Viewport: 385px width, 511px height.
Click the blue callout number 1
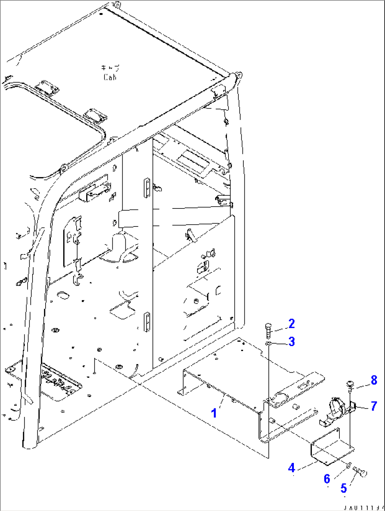[x=214, y=413]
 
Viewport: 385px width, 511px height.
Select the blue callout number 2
[x=291, y=323]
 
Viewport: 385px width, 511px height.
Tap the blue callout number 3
[x=291, y=341]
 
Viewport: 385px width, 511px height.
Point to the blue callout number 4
[x=291, y=468]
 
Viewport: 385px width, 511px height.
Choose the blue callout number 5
[x=344, y=488]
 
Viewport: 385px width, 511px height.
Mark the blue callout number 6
[x=327, y=479]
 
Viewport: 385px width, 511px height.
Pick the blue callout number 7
[x=374, y=406]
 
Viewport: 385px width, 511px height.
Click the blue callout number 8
[x=374, y=380]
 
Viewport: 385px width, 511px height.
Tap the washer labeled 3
[x=268, y=343]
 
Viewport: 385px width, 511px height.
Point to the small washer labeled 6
[x=348, y=465]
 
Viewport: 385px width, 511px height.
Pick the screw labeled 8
[x=350, y=384]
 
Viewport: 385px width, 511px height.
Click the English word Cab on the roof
[x=110, y=77]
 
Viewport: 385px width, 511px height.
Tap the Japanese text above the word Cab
[x=110, y=68]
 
